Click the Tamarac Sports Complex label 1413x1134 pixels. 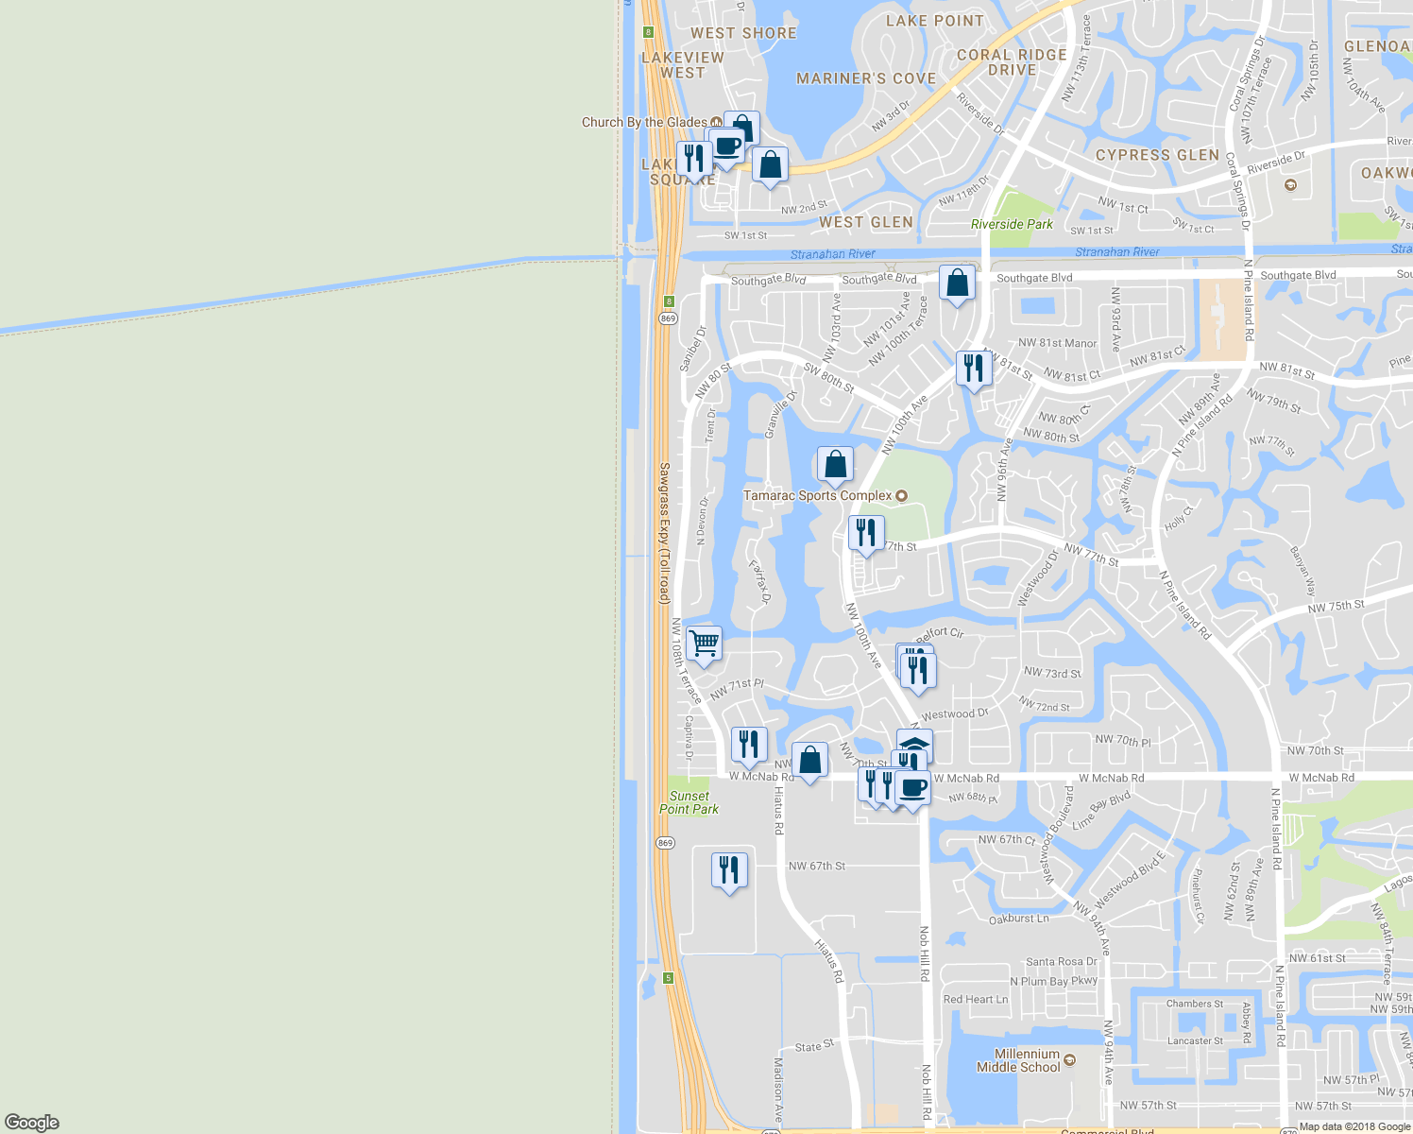click(818, 495)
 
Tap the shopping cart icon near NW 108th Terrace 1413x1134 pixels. click(704, 644)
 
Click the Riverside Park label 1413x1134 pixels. click(1012, 224)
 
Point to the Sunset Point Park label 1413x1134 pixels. click(689, 802)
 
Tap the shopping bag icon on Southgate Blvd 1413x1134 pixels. click(957, 283)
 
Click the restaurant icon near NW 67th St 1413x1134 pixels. click(729, 870)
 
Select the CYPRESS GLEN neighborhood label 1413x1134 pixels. click(1157, 155)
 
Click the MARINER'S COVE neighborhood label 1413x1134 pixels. click(866, 78)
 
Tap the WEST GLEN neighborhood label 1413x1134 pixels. click(866, 222)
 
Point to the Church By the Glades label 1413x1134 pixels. click(644, 122)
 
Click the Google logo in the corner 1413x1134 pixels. click(32, 1123)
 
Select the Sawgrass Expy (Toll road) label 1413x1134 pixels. click(664, 533)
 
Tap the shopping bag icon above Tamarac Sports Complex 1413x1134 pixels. click(835, 465)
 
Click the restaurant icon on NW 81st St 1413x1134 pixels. click(974, 369)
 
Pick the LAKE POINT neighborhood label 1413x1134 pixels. click(934, 21)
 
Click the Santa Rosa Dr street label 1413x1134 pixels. click(1061, 962)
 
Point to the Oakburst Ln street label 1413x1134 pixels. click(1018, 919)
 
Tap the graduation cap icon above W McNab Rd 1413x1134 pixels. click(914, 746)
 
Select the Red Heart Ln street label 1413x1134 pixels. click(975, 999)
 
